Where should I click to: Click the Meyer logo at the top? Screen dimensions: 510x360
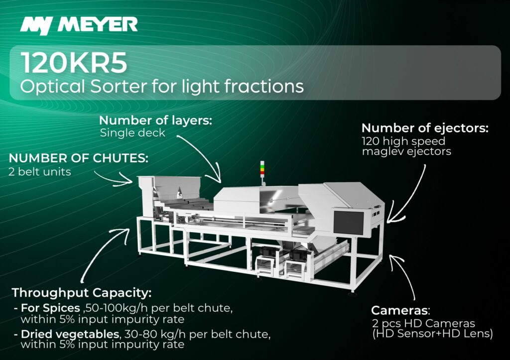(x=79, y=25)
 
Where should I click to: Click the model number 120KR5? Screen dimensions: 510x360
(x=74, y=63)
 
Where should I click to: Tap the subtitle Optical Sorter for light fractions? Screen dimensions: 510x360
(x=162, y=87)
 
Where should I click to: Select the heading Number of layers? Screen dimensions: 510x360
(x=156, y=120)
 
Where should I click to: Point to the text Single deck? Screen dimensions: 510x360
(x=132, y=133)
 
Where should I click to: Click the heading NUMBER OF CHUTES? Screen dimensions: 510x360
(x=78, y=158)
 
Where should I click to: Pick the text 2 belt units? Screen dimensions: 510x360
(x=40, y=171)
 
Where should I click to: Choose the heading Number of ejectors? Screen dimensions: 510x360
(x=425, y=128)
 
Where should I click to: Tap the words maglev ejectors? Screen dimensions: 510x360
(x=406, y=151)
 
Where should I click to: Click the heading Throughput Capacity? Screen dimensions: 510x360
(x=82, y=293)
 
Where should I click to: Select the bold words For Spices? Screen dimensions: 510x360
(x=50, y=308)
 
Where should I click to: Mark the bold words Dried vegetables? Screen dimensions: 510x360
(x=70, y=334)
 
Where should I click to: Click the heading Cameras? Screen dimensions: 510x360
(x=399, y=310)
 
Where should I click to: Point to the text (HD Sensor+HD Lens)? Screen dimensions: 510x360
(x=433, y=334)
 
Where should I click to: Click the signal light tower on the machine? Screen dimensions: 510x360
(x=262, y=170)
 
